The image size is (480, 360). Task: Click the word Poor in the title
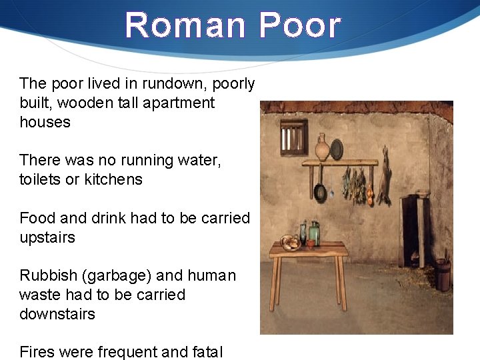(x=300, y=25)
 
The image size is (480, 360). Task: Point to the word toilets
(x=43, y=179)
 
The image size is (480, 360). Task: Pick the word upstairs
(x=47, y=237)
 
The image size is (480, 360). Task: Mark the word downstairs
(x=57, y=313)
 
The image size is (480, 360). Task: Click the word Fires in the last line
(x=35, y=351)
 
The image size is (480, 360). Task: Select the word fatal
(x=203, y=351)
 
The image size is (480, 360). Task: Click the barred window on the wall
(x=293, y=137)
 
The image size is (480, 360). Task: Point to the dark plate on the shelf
(x=337, y=149)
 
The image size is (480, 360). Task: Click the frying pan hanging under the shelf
(x=321, y=191)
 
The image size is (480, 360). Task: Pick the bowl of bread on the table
(x=290, y=242)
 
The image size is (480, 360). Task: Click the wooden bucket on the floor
(x=443, y=275)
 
